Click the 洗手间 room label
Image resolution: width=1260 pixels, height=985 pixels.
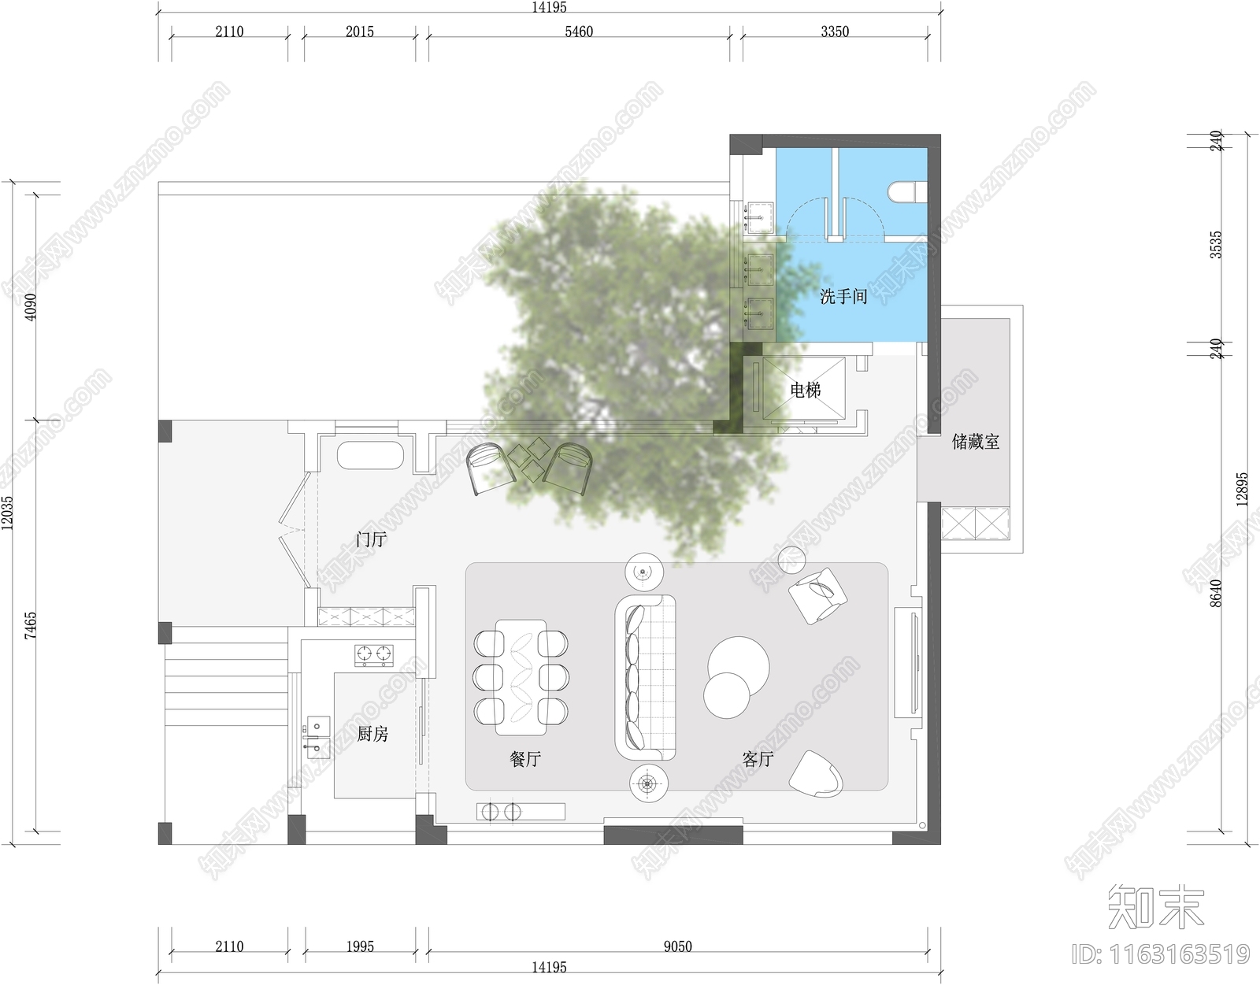[x=843, y=297]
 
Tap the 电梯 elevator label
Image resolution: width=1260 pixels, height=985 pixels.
[x=806, y=391]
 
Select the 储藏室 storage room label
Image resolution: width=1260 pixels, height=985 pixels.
[x=976, y=442]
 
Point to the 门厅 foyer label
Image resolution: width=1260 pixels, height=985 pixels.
[x=371, y=540]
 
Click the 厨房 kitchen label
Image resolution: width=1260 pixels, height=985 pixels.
[x=372, y=734]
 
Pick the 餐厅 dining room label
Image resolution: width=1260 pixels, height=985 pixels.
[x=525, y=759]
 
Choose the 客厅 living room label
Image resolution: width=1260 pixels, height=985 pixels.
[x=758, y=759]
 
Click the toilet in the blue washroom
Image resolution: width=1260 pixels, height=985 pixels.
[x=907, y=192]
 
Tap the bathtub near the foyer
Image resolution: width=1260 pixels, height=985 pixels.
[x=371, y=456]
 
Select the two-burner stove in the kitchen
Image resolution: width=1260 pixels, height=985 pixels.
[x=374, y=654]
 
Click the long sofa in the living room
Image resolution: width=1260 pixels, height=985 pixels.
[x=646, y=676]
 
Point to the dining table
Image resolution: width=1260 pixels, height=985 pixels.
[x=521, y=677]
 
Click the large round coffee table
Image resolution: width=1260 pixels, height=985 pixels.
[x=739, y=667]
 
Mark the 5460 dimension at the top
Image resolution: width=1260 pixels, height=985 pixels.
[x=579, y=31]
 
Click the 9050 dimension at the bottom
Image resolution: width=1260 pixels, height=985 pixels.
[x=677, y=946]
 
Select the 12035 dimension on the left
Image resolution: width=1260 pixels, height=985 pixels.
[x=8, y=513]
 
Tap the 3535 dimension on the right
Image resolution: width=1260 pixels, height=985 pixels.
[x=1216, y=245]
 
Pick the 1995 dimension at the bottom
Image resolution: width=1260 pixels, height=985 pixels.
[x=360, y=946]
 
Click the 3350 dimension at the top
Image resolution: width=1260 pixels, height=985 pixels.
[x=835, y=31]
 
